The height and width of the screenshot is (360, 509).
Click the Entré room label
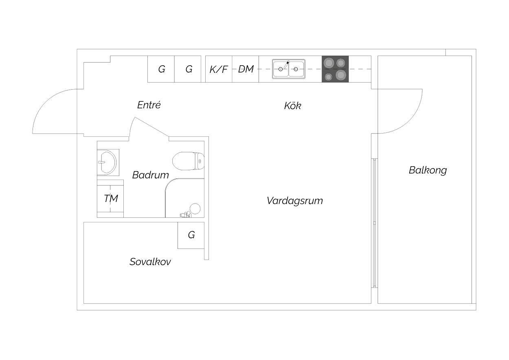pyautogui.click(x=149, y=105)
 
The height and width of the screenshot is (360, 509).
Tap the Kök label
pyautogui.click(x=293, y=106)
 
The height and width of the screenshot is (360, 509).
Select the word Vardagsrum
pyautogui.click(x=295, y=201)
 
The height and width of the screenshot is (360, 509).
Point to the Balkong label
pyautogui.click(x=428, y=170)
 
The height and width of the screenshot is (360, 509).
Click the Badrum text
pyautogui.click(x=150, y=175)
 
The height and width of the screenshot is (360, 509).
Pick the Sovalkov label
pyautogui.click(x=150, y=262)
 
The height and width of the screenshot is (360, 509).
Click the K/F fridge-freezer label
pyautogui.click(x=218, y=69)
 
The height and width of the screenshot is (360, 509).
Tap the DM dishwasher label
pyautogui.click(x=246, y=69)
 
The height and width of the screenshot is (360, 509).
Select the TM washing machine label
pyautogui.click(x=111, y=198)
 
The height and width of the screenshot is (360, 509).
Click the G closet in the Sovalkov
pyautogui.click(x=191, y=235)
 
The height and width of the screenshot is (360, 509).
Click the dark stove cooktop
pyautogui.click(x=335, y=69)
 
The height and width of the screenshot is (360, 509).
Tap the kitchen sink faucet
pyautogui.click(x=286, y=64)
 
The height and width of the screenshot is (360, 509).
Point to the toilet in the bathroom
pyautogui.click(x=188, y=161)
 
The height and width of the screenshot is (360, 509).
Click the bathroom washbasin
pyautogui.click(x=107, y=162)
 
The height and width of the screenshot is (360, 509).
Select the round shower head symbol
pyautogui.click(x=195, y=209)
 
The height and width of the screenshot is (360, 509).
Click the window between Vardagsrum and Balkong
pyautogui.click(x=374, y=223)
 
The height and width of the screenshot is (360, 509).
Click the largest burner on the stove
pyautogui.click(x=340, y=75)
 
